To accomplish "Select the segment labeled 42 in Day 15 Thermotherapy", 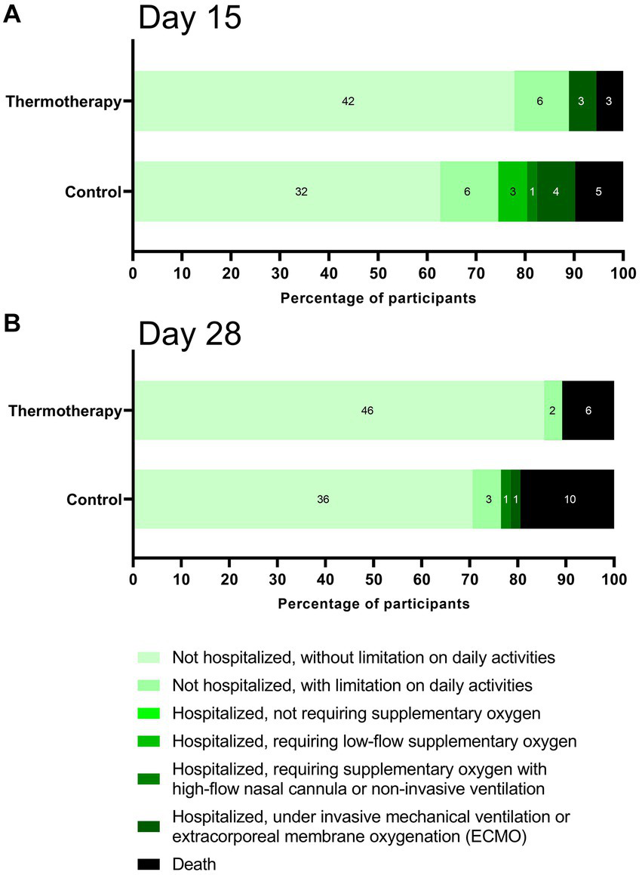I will coord(324,101).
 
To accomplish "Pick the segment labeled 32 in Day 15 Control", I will coord(287,192).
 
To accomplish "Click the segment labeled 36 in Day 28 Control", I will coord(303,499).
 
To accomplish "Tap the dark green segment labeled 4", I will coord(556,192).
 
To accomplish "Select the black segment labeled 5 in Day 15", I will coord(599,192).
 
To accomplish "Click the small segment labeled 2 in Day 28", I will coord(553,411).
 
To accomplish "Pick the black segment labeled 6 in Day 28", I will coord(588,411).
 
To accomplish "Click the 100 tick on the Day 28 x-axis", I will coord(613,581).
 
